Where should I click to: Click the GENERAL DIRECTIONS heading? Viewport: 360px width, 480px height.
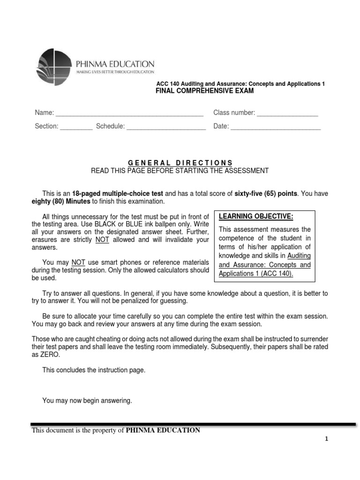pyautogui.click(x=180, y=163)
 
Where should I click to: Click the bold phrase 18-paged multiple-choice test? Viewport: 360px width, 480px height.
pyautogui.click(x=118, y=193)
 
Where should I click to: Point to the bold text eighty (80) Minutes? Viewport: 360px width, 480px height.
pyautogui.click(x=61, y=201)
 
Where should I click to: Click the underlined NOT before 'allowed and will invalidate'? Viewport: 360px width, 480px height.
pyautogui.click(x=102, y=240)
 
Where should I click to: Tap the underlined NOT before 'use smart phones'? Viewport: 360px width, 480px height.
pyautogui.click(x=78, y=262)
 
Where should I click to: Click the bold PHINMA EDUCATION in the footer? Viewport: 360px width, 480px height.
pyautogui.click(x=163, y=430)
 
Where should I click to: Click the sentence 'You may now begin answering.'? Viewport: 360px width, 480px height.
pyautogui.click(x=87, y=400)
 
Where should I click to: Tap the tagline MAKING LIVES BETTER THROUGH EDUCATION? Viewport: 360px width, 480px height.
pyautogui.click(x=115, y=71)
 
